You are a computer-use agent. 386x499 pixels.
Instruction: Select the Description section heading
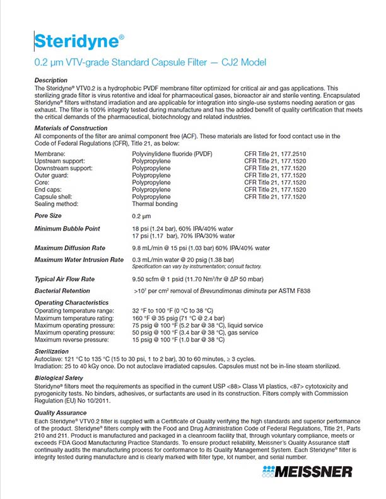[51, 81]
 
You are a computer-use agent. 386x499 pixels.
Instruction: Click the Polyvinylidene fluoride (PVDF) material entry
[172, 154]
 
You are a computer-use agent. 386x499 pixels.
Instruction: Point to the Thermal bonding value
[155, 204]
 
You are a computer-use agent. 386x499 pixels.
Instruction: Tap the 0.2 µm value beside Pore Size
[142, 216]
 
